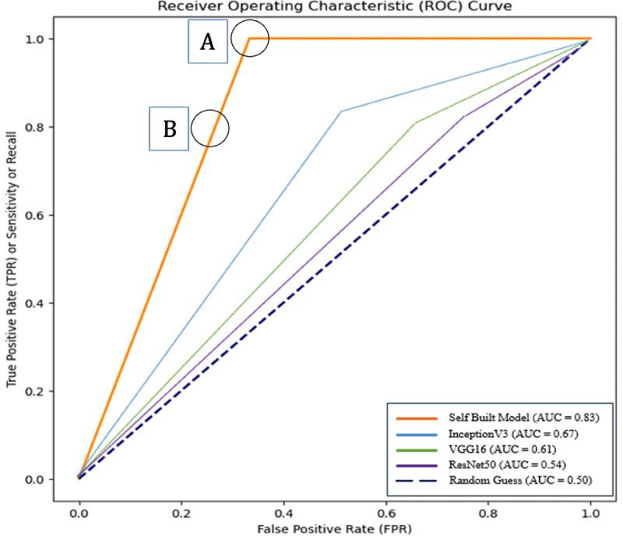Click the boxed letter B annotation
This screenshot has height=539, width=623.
pyautogui.click(x=169, y=129)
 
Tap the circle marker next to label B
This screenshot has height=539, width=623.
pyautogui.click(x=209, y=128)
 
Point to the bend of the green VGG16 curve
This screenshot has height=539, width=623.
pyautogui.click(x=415, y=123)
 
